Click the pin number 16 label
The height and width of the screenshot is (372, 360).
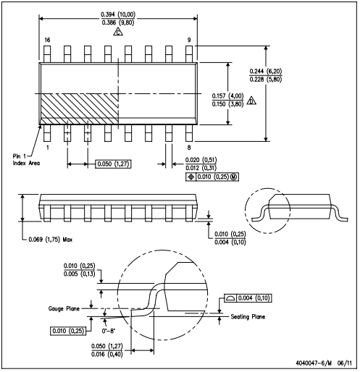(47, 40)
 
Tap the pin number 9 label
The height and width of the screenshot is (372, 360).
(189, 40)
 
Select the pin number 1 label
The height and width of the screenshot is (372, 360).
(48, 148)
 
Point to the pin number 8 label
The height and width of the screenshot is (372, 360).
(189, 148)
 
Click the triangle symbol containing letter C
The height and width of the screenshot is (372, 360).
(118, 32)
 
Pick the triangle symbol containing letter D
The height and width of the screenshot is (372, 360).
(251, 101)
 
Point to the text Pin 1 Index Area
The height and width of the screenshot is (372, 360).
(26, 160)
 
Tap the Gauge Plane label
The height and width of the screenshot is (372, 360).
(64, 308)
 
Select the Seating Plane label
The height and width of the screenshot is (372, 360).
(248, 316)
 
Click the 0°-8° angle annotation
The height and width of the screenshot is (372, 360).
(109, 331)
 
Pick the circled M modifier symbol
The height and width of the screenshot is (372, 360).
(233, 177)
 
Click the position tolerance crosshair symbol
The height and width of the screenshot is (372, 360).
(191, 177)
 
